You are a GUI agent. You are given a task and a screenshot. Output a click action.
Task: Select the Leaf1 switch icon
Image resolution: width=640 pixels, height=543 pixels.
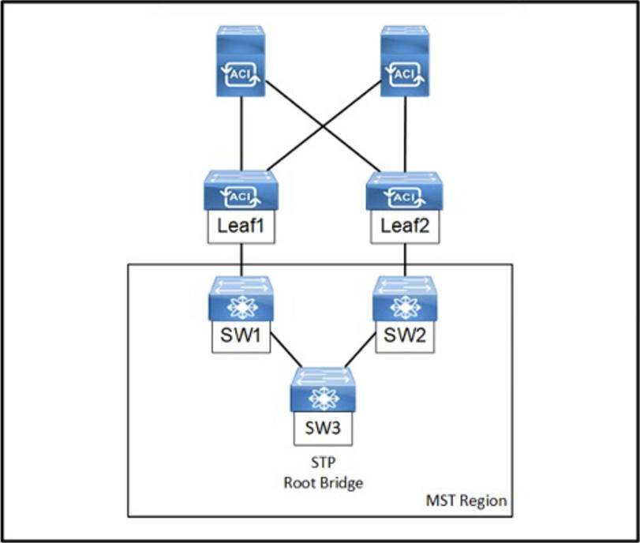click(241, 190)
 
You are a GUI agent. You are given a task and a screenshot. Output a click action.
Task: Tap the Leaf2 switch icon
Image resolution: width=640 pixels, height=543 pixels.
click(405, 190)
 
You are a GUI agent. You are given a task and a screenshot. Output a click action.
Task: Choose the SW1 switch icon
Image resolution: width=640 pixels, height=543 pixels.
click(241, 299)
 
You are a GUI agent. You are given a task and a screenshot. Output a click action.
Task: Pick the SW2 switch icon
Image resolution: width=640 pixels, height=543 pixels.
click(405, 299)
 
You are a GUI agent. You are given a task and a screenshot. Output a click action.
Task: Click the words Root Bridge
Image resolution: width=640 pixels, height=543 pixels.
click(323, 482)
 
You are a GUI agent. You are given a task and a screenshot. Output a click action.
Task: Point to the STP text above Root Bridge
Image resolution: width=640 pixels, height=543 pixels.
click(323, 464)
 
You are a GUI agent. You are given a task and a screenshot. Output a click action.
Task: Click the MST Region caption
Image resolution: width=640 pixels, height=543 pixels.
click(466, 500)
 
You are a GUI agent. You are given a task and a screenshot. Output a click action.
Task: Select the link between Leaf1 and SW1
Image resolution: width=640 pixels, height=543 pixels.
click(241, 260)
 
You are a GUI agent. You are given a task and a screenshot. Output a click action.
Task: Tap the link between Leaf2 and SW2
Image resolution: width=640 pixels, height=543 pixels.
click(405, 260)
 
